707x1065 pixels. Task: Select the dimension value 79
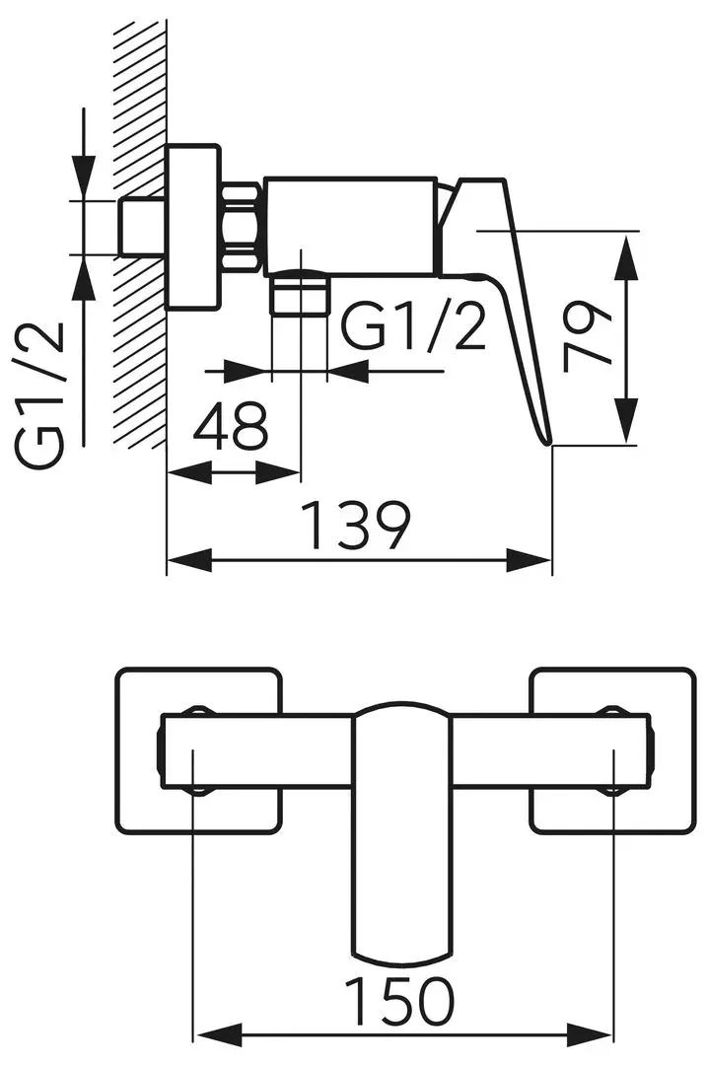(x=589, y=337)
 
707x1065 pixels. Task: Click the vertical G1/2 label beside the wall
(x=41, y=394)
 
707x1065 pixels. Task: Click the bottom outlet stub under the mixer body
(x=298, y=293)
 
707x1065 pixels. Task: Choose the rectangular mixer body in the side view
(x=349, y=226)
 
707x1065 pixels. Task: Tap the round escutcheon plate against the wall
(x=191, y=228)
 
